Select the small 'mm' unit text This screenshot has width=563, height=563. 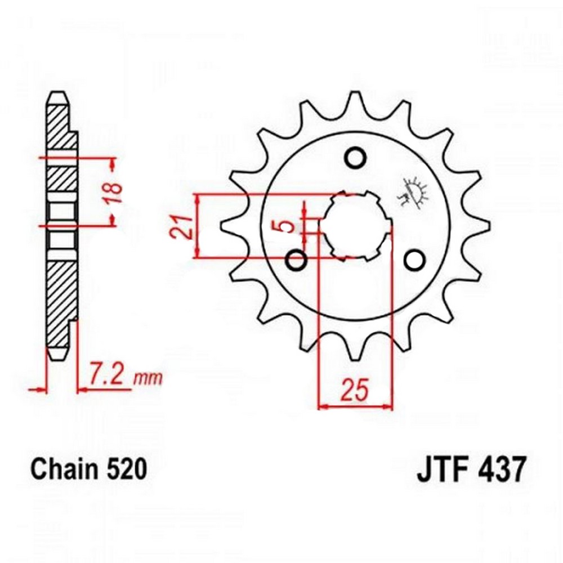[x=148, y=378]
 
